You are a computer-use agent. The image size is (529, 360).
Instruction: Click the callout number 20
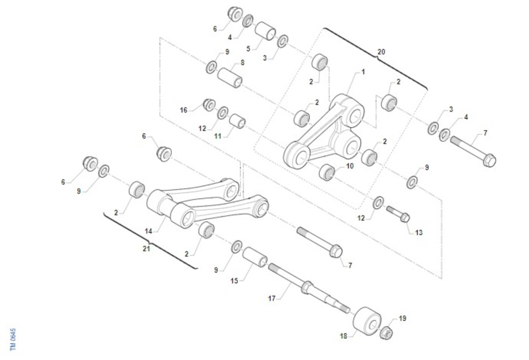(381, 52)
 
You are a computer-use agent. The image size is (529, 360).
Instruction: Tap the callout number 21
(146, 249)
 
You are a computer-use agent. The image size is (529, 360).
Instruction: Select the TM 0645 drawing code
(13, 339)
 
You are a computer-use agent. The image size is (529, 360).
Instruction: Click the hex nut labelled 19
(386, 333)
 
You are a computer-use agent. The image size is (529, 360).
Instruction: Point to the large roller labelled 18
(367, 321)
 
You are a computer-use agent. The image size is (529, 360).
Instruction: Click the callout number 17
(272, 299)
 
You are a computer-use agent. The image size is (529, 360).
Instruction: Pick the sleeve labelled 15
(255, 257)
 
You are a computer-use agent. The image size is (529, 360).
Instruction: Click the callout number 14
(148, 231)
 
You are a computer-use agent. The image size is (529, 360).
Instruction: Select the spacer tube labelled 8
(230, 78)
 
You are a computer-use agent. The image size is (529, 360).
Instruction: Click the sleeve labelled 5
(265, 31)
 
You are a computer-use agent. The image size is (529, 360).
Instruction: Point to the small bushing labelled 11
(237, 121)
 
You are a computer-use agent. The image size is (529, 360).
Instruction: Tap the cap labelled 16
(209, 105)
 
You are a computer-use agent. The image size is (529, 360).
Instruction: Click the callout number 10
(350, 166)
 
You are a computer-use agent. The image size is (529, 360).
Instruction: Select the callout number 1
(363, 72)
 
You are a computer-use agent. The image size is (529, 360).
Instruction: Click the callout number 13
(419, 233)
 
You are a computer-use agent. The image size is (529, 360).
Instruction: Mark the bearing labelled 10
(327, 172)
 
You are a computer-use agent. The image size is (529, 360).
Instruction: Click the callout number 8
(242, 63)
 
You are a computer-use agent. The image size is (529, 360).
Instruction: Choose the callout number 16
(183, 110)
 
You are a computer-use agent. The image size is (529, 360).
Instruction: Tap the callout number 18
(343, 336)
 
